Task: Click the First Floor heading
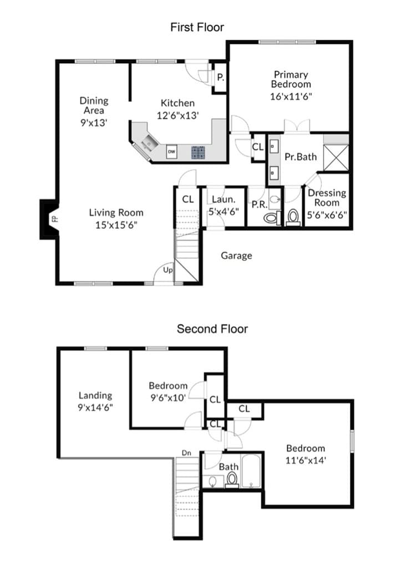point(197,27)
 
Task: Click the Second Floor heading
point(212,329)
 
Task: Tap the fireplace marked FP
point(49,219)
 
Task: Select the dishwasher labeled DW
point(171,151)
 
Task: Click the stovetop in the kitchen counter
point(198,152)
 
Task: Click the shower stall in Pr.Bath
point(336,157)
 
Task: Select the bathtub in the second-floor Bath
point(251,471)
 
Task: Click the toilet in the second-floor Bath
point(232,480)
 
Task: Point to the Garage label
point(236,255)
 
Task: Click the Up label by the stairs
point(168,270)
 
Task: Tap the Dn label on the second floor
point(186,453)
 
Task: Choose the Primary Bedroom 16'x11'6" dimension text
point(291,97)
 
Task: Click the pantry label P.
point(221,77)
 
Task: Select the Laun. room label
point(224,200)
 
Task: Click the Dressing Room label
point(327,198)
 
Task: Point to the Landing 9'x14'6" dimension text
point(95,408)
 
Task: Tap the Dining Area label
point(94,105)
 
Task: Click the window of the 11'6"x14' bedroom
point(352,441)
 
